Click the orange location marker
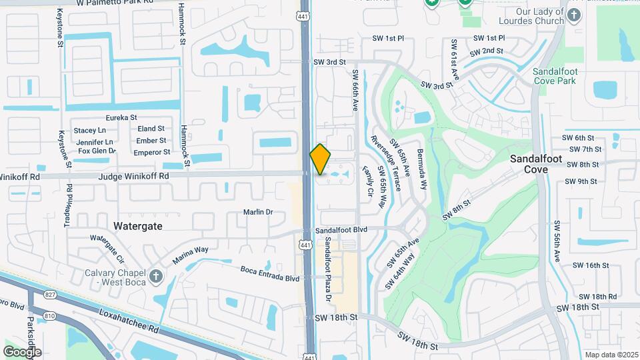click(x=321, y=159)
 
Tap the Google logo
click(x=22, y=351)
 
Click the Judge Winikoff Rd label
click(x=133, y=176)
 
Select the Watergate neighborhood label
click(x=138, y=226)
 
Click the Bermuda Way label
click(x=420, y=167)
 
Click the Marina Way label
click(x=191, y=254)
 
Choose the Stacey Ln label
click(x=90, y=130)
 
